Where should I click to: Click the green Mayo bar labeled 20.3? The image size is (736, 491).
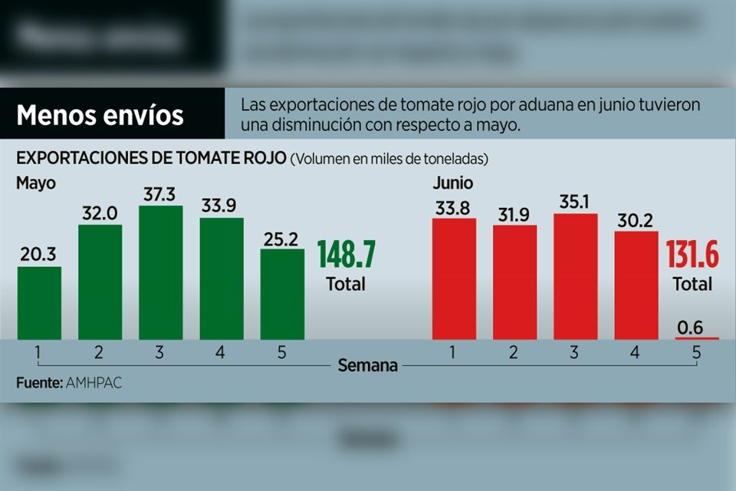tap(39, 303)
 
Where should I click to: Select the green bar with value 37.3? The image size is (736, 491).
tap(161, 272)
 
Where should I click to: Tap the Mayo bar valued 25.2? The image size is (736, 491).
tap(282, 294)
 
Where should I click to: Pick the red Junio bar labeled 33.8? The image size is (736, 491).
tap(454, 279)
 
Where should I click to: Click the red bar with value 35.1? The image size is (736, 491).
tap(575, 276)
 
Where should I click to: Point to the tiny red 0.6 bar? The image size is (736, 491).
tap(697, 338)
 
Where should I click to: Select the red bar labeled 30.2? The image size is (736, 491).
tap(636, 285)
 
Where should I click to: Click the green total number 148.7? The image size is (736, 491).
tap(346, 254)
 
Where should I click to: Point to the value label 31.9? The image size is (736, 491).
tap(514, 215)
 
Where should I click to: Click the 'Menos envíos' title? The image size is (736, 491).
tap(100, 115)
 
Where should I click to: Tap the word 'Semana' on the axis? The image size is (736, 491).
tap(368, 366)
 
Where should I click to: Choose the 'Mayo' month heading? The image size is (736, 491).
tap(35, 183)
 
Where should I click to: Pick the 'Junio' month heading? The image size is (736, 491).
tap(452, 183)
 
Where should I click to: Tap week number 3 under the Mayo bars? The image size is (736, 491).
tap(160, 352)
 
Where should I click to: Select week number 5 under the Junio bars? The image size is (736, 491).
tap(696, 352)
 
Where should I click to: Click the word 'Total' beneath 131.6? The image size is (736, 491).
tap(692, 284)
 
